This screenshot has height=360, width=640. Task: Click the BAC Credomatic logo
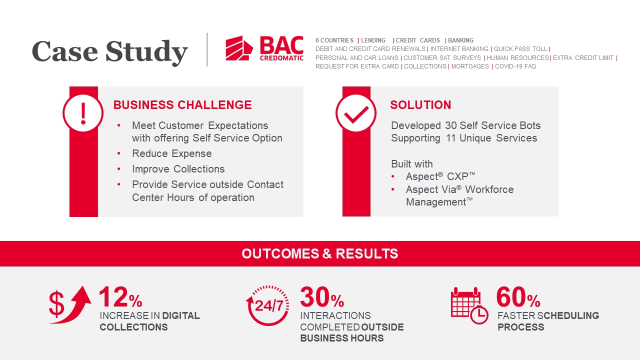click(264, 48)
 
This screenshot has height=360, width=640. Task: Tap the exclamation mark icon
click(83, 113)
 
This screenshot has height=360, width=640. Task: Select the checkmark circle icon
click(356, 113)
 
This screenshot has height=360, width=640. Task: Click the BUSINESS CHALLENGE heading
click(182, 105)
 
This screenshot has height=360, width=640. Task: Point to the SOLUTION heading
click(420, 105)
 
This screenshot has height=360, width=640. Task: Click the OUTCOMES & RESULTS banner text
click(319, 253)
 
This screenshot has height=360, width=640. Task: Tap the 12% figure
click(120, 297)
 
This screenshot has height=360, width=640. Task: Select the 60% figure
click(518, 297)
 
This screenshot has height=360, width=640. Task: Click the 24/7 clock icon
click(267, 305)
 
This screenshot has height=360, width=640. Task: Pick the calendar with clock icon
click(469, 305)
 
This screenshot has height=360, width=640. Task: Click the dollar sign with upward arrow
click(70, 305)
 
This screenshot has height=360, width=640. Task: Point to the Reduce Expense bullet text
click(171, 153)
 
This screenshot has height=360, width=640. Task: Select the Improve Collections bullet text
click(178, 169)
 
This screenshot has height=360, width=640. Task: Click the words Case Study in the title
click(109, 51)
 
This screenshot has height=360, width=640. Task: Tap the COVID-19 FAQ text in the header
click(515, 66)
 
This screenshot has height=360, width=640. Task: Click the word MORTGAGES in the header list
click(470, 66)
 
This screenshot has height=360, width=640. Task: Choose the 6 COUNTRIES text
click(334, 40)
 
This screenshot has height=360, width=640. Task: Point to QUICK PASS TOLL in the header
click(520, 49)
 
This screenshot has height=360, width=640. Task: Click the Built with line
click(411, 164)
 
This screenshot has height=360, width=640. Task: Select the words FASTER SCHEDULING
click(548, 315)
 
